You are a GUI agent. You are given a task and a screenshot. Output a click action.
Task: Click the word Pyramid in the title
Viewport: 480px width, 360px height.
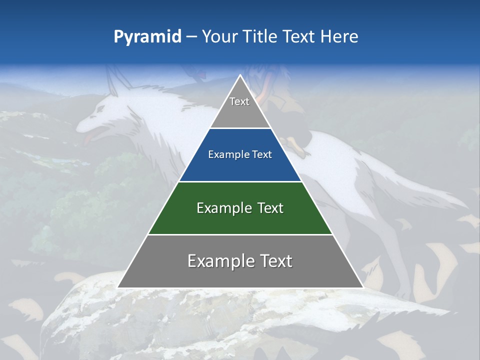147,37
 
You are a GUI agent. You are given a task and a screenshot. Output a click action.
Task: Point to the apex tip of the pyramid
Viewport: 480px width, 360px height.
240,75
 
